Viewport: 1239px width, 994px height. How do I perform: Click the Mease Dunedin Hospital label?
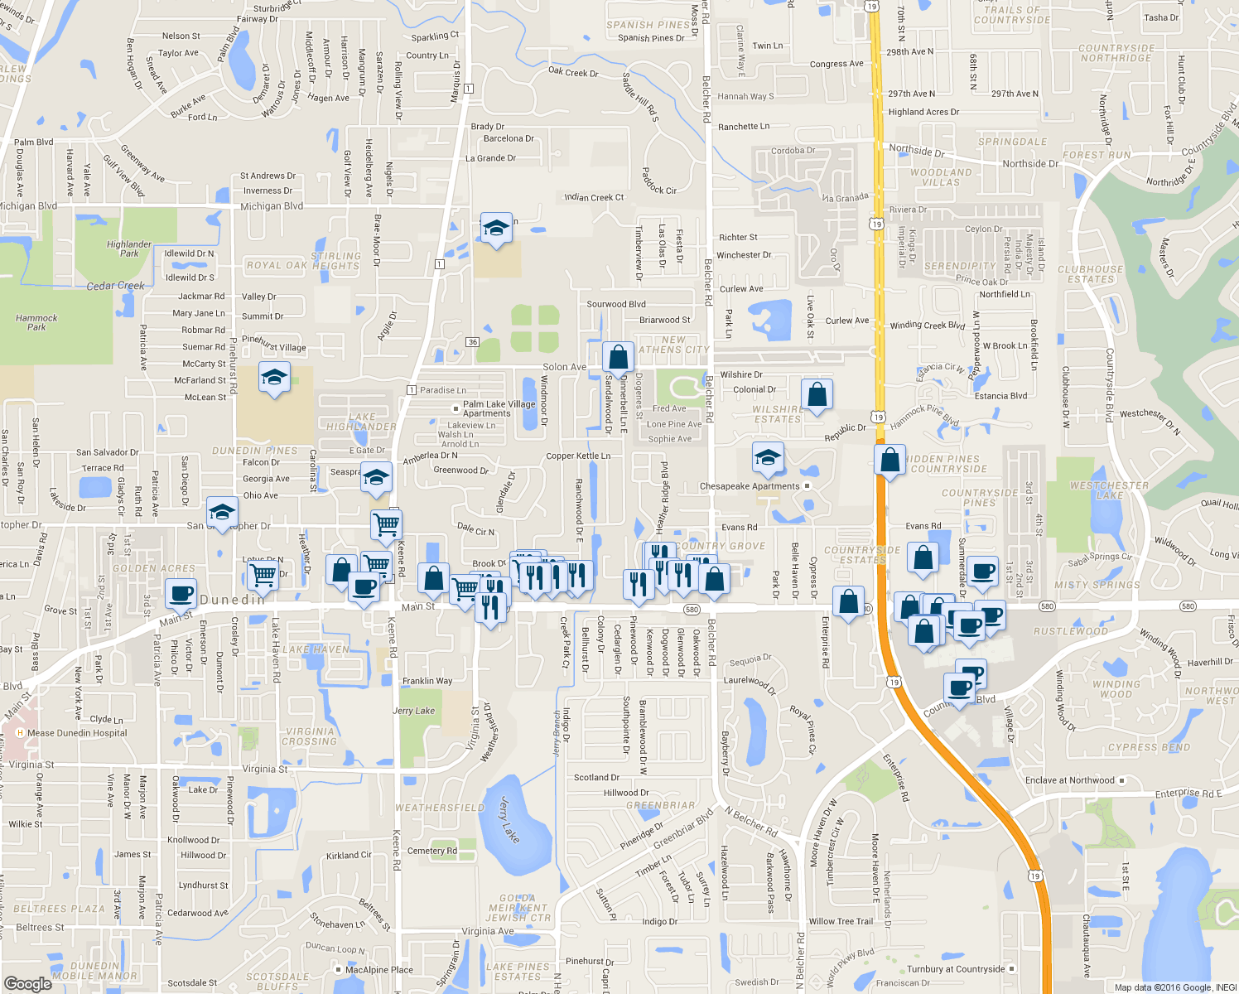coord(77,733)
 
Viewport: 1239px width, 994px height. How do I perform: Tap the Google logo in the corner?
coord(27,983)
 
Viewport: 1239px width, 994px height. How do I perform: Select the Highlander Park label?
coord(129,248)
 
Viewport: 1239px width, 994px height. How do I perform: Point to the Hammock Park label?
coord(36,322)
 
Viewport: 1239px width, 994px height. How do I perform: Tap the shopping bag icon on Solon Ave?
coord(618,358)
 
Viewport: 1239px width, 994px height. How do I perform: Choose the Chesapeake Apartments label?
coord(750,486)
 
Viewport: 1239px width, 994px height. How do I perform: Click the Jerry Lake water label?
coord(509,819)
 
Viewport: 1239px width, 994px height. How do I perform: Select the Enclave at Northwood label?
coord(1070,780)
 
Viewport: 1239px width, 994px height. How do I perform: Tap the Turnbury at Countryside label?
coord(956,969)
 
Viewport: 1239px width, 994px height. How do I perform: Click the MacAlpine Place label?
coord(379,970)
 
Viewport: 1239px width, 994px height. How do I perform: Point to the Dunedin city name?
coord(233,600)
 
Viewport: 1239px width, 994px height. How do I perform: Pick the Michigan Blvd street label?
coord(272,206)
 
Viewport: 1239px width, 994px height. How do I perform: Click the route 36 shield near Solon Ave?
coord(472,342)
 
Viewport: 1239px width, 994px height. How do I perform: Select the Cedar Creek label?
coord(116,286)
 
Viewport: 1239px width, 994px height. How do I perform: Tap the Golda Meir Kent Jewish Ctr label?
coord(518,908)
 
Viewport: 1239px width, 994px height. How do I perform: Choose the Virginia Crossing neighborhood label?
coord(310,736)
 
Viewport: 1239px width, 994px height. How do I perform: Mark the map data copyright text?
coord(1175,987)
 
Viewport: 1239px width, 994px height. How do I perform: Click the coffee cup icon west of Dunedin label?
coord(181,594)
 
